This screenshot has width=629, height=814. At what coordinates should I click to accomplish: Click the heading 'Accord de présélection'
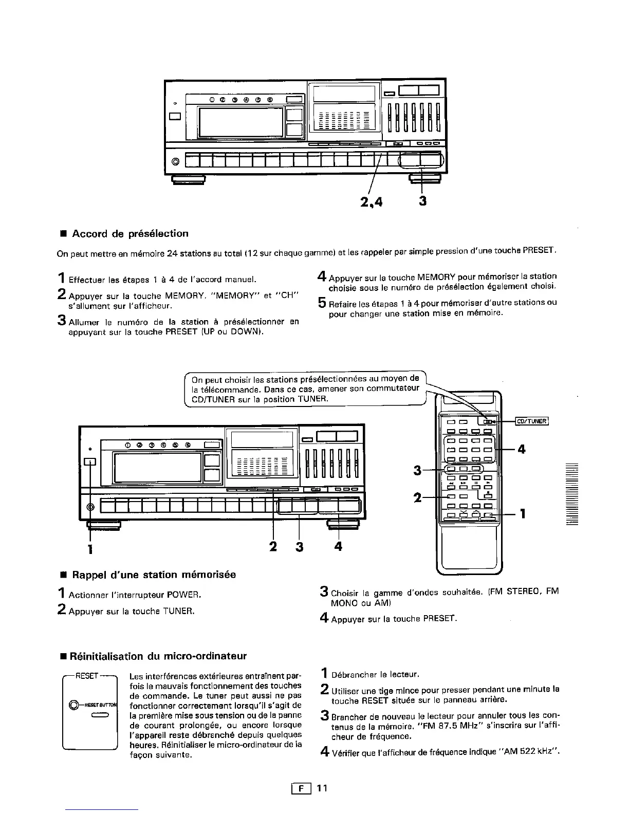[x=130, y=234]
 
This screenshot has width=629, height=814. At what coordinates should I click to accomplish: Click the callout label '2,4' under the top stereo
[x=372, y=202]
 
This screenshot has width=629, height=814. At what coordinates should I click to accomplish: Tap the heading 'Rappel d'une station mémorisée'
[x=154, y=575]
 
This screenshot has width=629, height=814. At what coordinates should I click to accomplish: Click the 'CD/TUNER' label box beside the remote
[x=532, y=421]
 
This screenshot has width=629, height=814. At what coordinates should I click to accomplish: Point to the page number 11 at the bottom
[x=322, y=788]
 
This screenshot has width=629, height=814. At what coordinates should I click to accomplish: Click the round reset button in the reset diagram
[x=75, y=704]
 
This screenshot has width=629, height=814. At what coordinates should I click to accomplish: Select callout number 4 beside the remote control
[x=522, y=449]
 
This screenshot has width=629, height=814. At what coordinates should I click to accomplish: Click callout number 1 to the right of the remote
[x=523, y=513]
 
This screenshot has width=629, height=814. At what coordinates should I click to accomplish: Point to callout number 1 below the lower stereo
[x=90, y=550]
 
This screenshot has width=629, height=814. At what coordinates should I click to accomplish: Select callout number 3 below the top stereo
[x=422, y=201]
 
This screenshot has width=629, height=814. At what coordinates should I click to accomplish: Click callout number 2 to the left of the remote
[x=418, y=497]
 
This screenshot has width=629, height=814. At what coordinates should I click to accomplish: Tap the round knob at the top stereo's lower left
[x=175, y=162]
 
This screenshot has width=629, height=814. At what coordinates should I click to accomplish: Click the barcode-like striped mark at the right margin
[x=571, y=493]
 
